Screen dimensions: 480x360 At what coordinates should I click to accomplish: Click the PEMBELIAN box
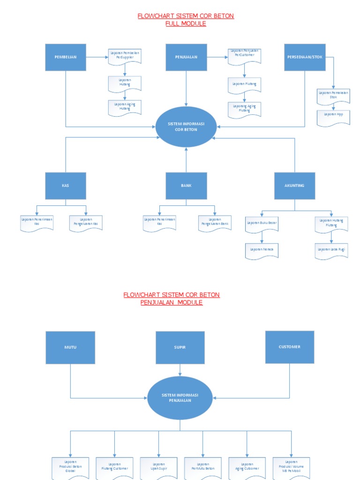pyautogui.click(x=66, y=57)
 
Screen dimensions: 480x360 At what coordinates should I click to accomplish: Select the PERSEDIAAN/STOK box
pyautogui.click(x=305, y=57)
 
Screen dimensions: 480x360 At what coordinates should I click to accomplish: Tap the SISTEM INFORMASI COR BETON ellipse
pyautogui.click(x=186, y=127)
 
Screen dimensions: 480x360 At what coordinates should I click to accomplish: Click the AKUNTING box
pyautogui.click(x=294, y=186)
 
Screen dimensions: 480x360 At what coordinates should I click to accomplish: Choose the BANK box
pyautogui.click(x=186, y=186)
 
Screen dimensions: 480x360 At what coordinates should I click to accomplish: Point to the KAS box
pyautogui.click(x=66, y=186)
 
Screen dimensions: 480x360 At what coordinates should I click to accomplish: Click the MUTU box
pyautogui.click(x=70, y=347)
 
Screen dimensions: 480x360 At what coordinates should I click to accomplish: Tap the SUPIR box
pyautogui.click(x=180, y=347)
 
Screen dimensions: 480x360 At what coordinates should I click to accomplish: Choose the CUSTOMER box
pyautogui.click(x=290, y=347)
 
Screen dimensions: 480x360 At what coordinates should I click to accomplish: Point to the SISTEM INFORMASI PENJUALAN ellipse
pyautogui.click(x=180, y=398)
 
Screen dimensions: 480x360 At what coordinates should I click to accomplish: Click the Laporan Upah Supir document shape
pyautogui.click(x=158, y=467)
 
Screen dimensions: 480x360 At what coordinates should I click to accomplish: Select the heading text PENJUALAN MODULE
pyautogui.click(x=172, y=303)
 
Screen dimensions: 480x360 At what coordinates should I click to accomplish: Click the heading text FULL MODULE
pyautogui.click(x=186, y=23)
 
